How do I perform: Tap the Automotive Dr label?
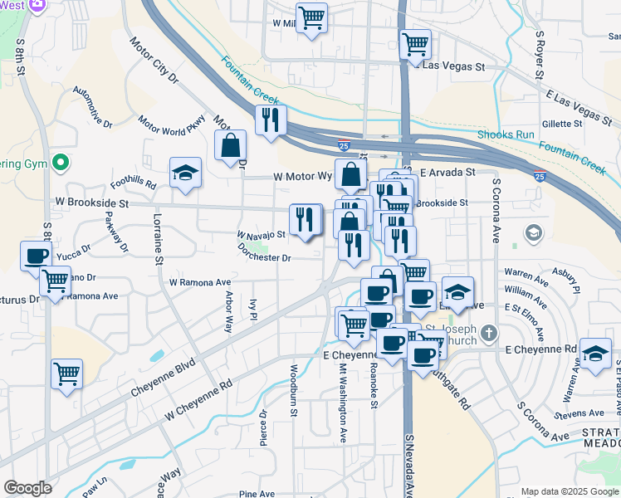[92, 106]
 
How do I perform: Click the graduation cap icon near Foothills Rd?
[185, 173]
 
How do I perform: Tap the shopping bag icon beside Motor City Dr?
[230, 146]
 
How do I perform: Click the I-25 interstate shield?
[540, 176]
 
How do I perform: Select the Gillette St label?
[562, 124]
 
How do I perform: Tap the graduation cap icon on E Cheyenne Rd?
[595, 354]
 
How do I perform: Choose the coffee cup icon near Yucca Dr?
[36, 256]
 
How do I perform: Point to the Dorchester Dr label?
[264, 251]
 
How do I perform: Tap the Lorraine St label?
[158, 239]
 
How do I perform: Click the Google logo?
[28, 488]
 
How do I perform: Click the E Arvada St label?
[447, 173]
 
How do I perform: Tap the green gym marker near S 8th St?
[58, 162]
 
